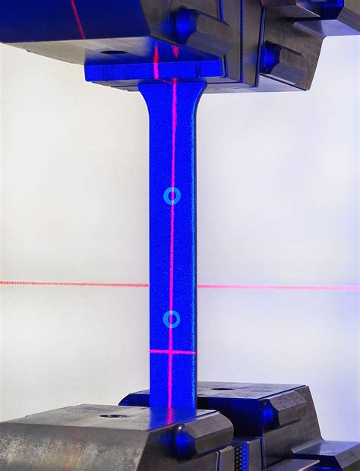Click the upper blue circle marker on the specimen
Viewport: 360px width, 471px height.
pos(172,196)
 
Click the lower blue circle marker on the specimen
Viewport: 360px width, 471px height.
pos(172,319)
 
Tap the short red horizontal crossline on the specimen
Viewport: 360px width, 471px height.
pos(172,352)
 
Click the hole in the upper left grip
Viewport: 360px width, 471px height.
pos(115,52)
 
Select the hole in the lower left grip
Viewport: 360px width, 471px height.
pos(112,416)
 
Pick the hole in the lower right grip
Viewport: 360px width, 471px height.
pos(223,390)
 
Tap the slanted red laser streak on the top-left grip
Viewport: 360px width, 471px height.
pos(77,18)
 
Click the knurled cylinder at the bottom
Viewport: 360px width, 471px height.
pos(242,455)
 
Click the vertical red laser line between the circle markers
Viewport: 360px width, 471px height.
pos(172,258)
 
